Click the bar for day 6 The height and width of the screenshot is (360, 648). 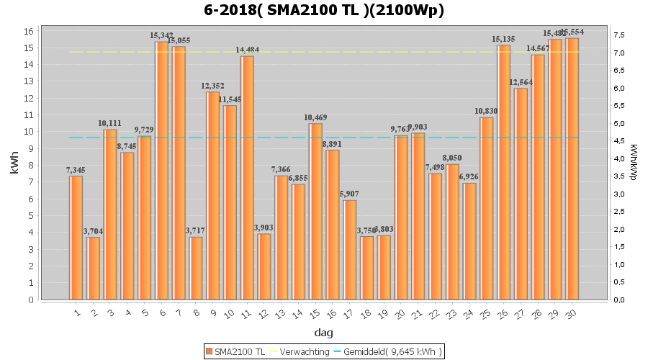[161, 171]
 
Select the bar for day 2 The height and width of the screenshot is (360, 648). [93, 268]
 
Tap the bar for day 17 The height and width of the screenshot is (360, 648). [350, 250]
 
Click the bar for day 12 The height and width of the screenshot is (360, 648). [264, 266]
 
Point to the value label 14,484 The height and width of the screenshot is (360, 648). [247, 50]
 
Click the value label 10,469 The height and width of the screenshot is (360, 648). [315, 117]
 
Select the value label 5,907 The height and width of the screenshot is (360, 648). [350, 194]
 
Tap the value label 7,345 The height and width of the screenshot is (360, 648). [76, 170]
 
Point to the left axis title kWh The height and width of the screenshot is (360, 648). [15, 165]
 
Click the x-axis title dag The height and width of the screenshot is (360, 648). [323, 333]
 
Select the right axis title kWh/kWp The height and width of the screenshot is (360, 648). [633, 165]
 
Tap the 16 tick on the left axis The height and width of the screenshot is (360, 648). [28, 31]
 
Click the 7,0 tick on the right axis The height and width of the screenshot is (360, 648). [618, 53]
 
